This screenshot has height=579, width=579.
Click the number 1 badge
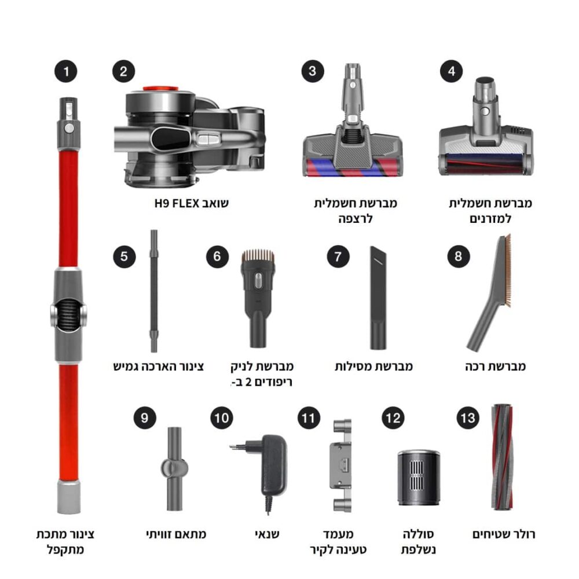[x=66, y=71]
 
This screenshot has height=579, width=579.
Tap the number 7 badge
[x=338, y=256]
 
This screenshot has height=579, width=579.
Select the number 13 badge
[x=468, y=418]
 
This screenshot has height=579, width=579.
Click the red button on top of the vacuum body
[x=161, y=89]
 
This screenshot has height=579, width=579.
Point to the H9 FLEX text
[x=177, y=203]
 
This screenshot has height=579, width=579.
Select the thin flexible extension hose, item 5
[x=154, y=291]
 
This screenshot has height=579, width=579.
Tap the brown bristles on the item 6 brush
[x=258, y=255]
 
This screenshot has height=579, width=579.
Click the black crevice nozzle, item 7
[x=378, y=298]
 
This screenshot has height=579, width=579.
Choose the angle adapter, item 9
[x=174, y=468]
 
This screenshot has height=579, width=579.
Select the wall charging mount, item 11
[x=342, y=466]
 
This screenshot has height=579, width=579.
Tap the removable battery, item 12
[x=419, y=478]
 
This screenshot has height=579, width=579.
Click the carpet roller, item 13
[x=502, y=457]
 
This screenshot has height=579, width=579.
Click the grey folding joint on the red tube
[x=69, y=314]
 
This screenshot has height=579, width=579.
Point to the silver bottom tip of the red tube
[x=69, y=496]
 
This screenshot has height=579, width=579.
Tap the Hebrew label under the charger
[x=267, y=534]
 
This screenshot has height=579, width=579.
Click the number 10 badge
[x=222, y=418]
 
